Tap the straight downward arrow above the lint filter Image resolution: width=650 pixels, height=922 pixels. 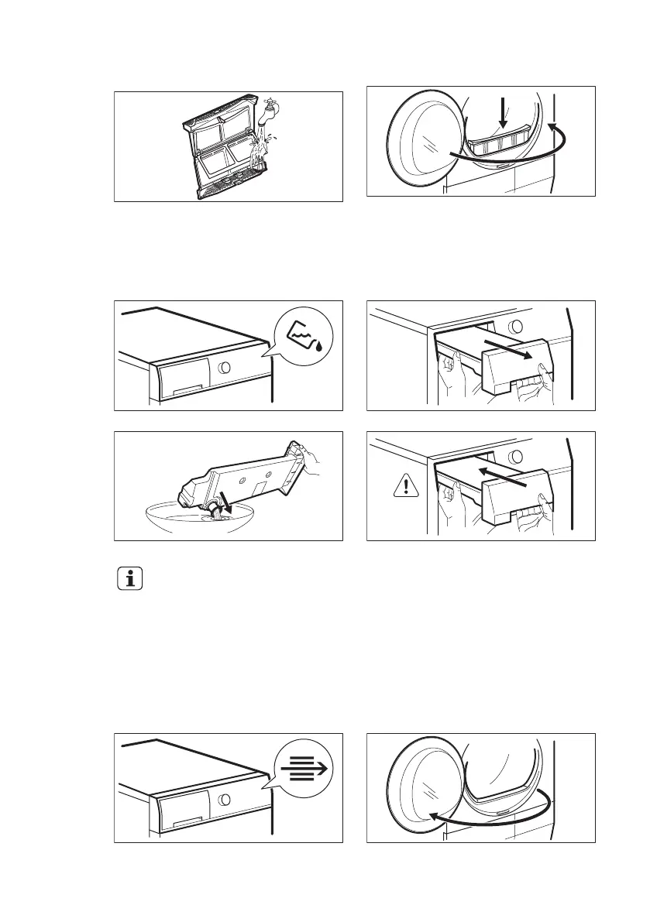[x=503, y=111]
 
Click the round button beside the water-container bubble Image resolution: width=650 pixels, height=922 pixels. [x=223, y=368]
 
